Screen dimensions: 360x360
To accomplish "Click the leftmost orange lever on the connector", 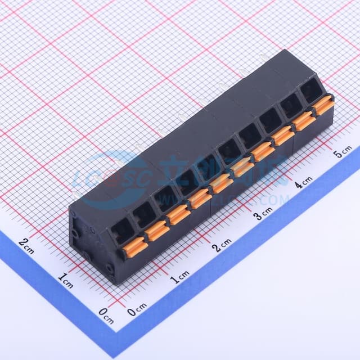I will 134,248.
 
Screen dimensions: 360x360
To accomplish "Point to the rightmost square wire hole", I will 310,90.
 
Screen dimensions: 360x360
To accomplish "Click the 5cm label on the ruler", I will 343,152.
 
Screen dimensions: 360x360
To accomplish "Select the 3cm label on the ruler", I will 262,214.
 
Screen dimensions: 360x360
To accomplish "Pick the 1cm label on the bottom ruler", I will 180,276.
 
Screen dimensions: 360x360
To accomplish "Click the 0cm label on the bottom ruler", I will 137,308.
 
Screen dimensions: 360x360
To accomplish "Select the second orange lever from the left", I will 156,231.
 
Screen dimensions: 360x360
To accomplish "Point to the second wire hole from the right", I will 291,105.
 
